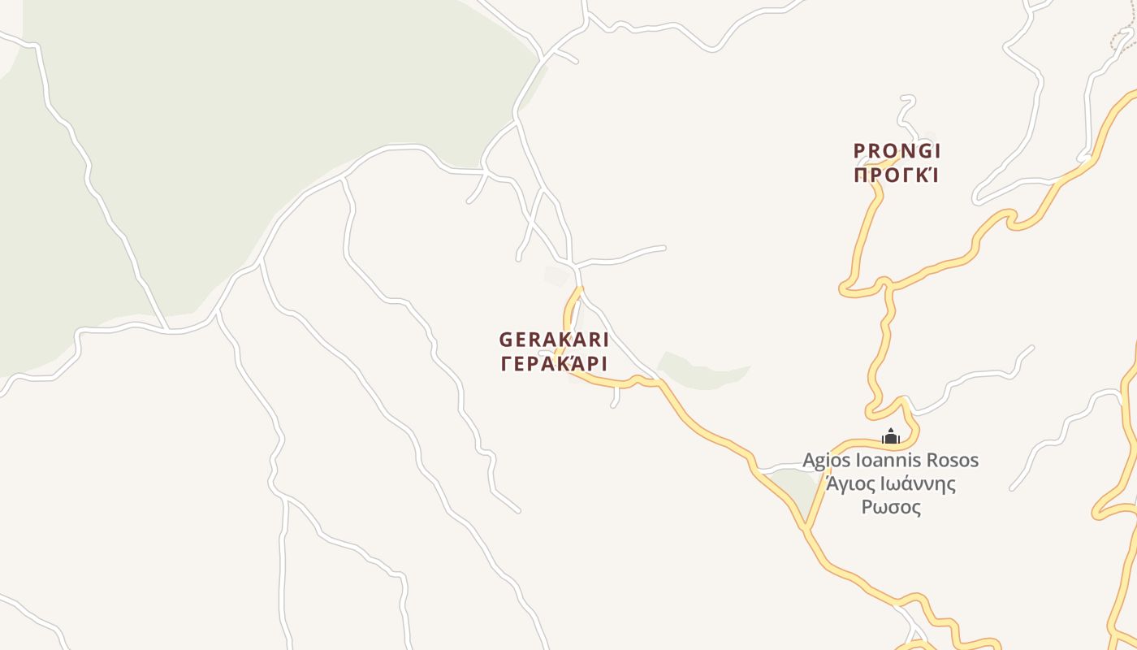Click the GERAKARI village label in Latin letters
554,340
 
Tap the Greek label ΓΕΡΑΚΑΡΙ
554,363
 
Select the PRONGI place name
897,151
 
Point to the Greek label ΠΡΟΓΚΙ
897,175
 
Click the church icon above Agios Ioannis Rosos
891,437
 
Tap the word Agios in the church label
827,460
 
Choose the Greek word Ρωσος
891,508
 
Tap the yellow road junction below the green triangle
806,529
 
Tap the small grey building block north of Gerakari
556,276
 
